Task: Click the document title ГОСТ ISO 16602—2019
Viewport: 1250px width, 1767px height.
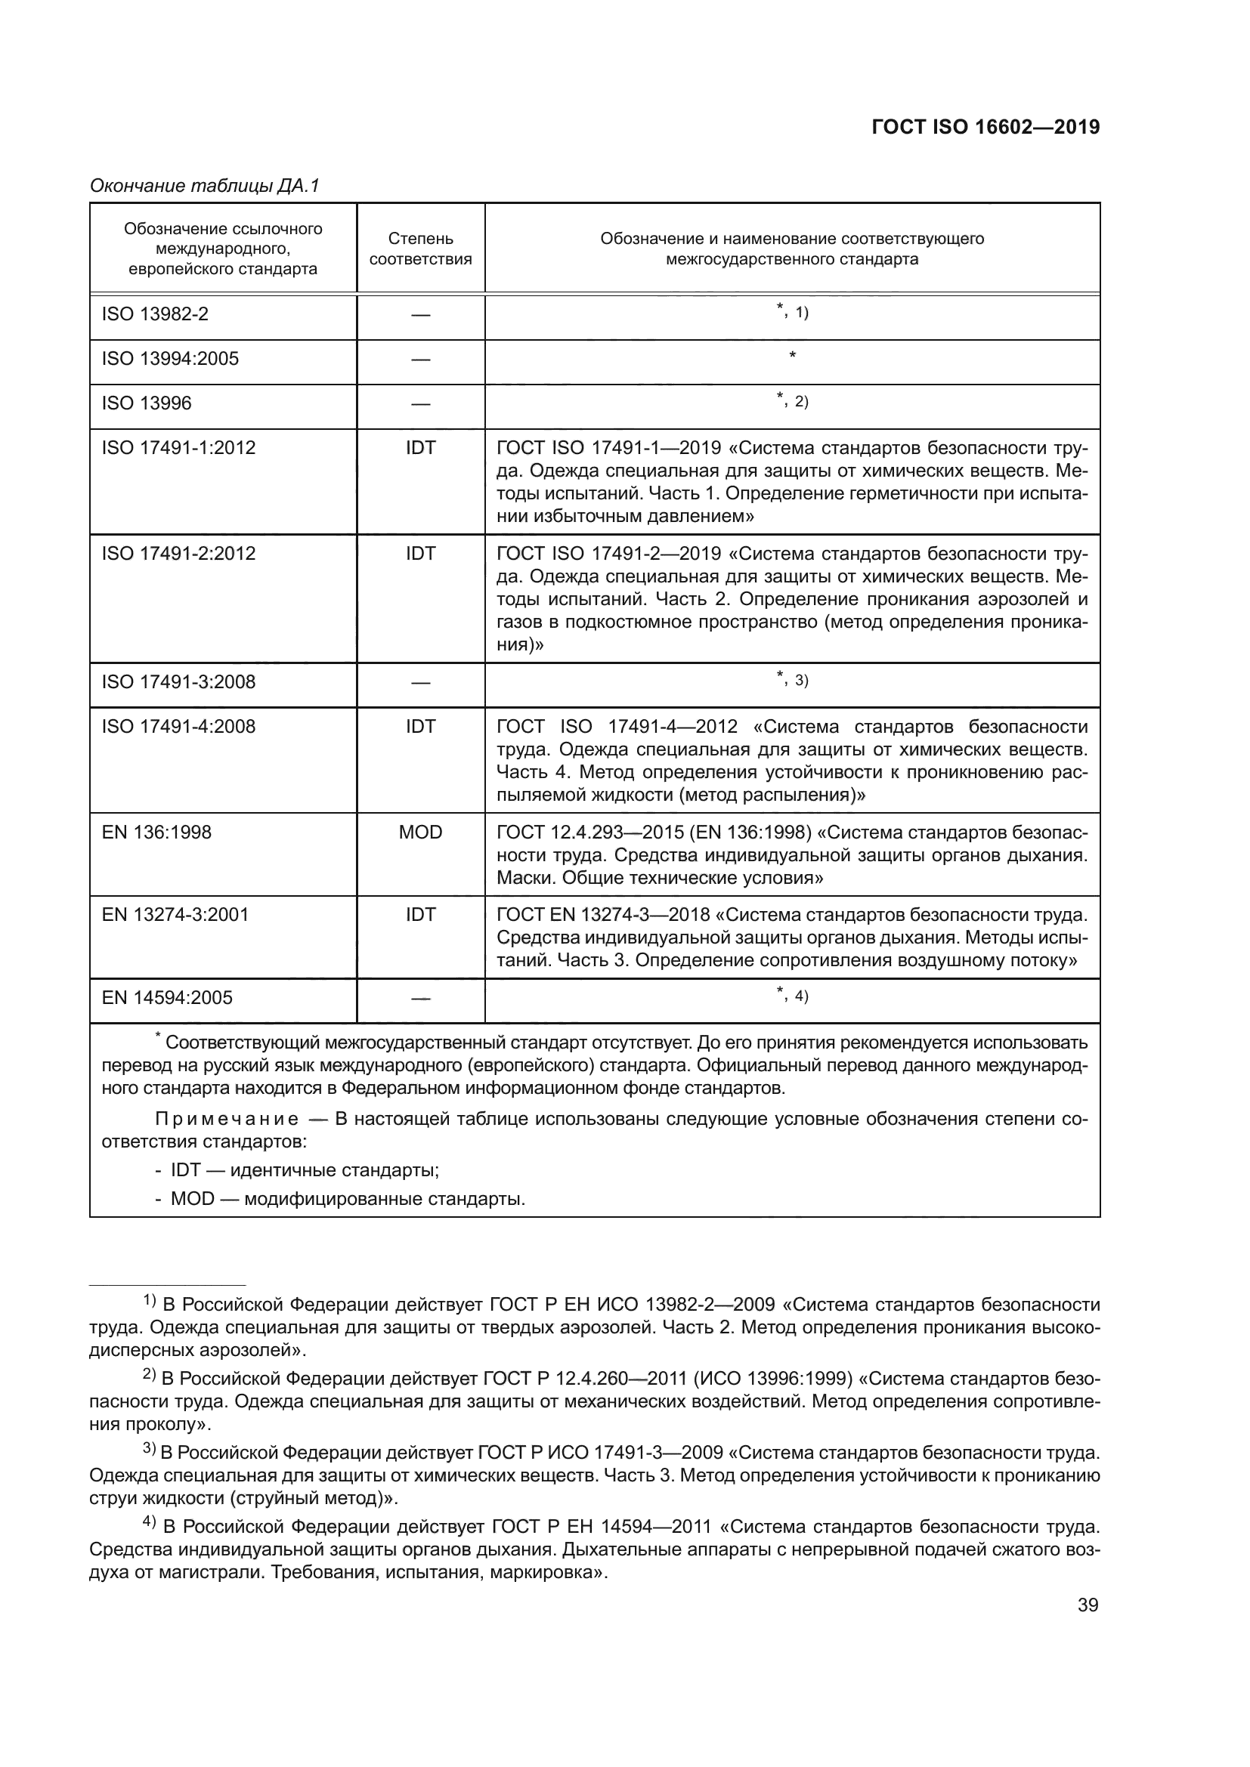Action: pos(985,128)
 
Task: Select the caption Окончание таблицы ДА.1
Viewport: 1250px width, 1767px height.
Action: pos(204,186)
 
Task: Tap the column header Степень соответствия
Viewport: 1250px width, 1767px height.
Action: pos(420,249)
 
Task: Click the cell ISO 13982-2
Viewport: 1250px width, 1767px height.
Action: pos(155,314)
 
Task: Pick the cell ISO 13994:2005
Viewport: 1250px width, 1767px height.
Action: pos(170,359)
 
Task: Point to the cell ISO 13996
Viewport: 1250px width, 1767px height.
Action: pos(147,403)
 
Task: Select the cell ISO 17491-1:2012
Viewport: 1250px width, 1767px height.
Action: pos(178,448)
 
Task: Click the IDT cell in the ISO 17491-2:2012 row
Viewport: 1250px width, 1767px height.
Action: pos(420,553)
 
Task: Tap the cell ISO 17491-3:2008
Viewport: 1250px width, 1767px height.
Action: pos(178,682)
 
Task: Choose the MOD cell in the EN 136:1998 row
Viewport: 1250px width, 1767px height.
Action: pos(420,832)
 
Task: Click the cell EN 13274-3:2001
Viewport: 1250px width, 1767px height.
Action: pos(175,914)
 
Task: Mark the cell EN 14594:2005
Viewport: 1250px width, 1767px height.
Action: pos(167,997)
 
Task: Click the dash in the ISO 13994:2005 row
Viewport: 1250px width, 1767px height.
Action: pos(420,360)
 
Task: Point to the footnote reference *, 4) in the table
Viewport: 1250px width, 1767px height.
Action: pos(792,995)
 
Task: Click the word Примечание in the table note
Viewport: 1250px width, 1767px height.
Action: pos(226,1118)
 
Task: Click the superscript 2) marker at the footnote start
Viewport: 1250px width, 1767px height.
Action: pos(150,1375)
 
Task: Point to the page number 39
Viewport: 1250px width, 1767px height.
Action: pos(1087,1605)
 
